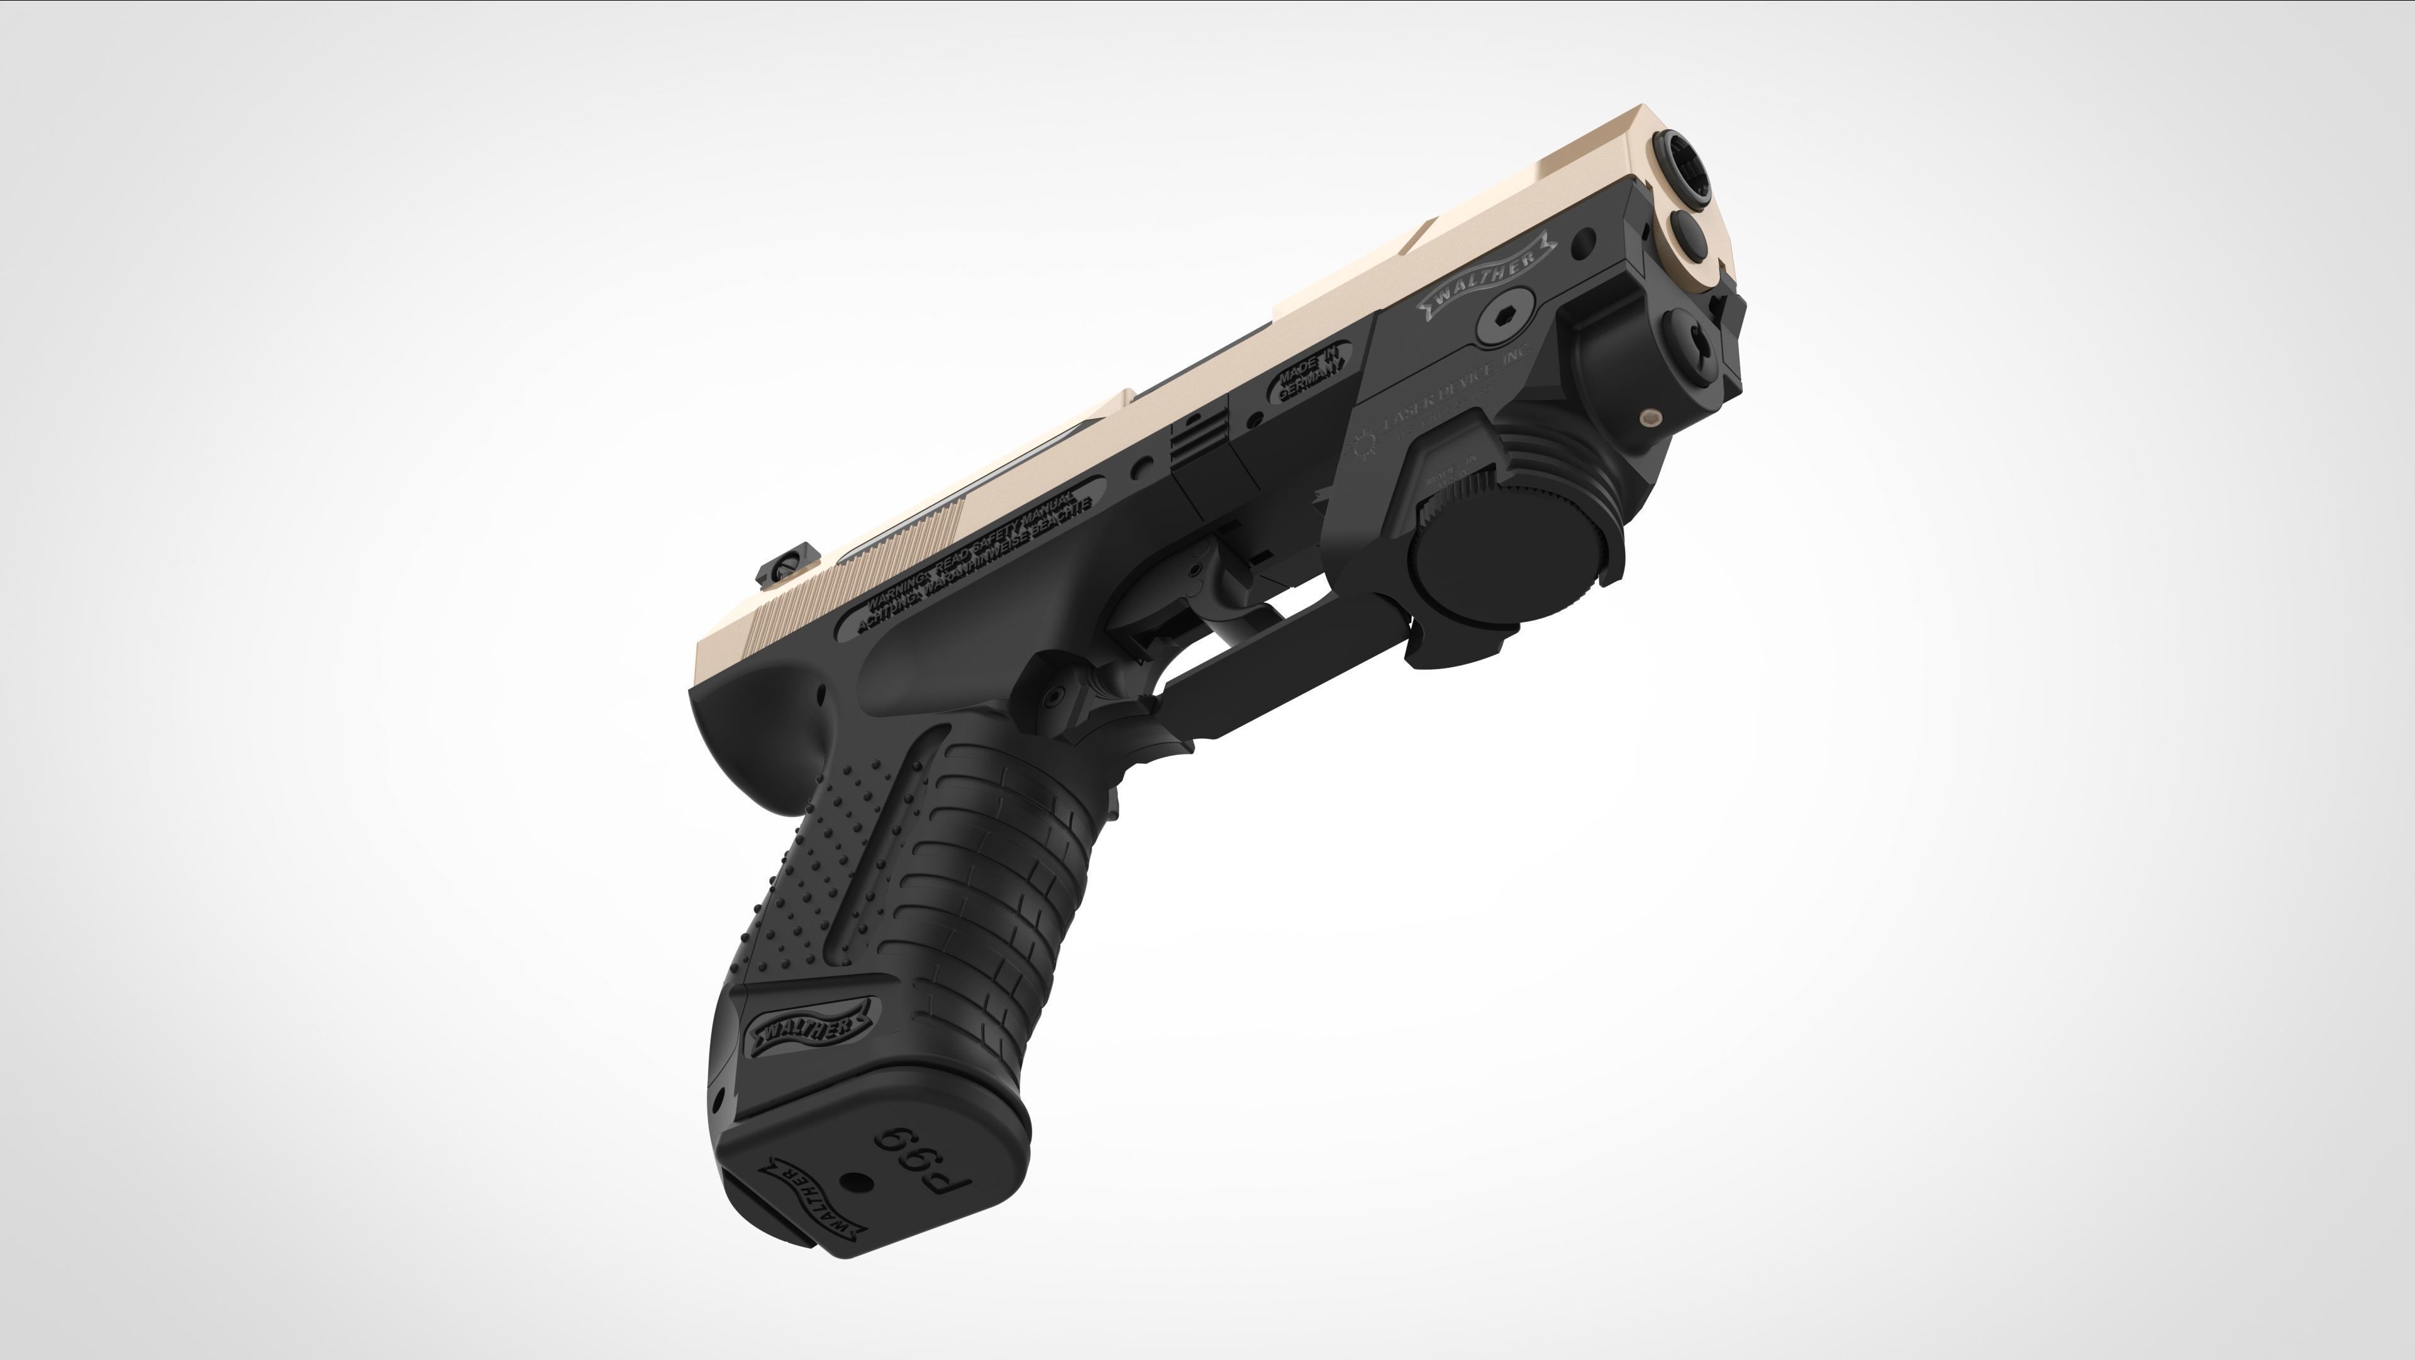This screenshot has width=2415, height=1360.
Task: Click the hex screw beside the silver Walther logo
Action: tap(1506, 319)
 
